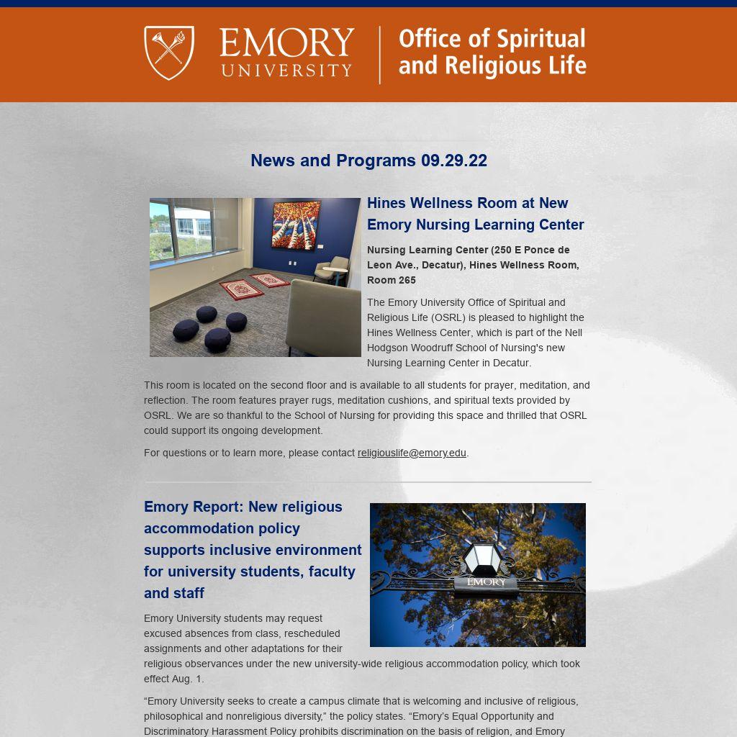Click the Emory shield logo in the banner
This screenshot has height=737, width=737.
[169, 53]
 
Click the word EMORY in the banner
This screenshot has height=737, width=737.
[286, 43]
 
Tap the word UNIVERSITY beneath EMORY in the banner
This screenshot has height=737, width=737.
[286, 71]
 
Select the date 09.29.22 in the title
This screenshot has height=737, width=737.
[454, 160]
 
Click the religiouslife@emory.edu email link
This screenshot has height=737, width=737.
[412, 453]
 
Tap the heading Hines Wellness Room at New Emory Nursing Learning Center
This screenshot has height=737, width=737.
[475, 214]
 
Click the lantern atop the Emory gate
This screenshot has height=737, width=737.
[481, 559]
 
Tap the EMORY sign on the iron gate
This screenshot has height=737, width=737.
[487, 582]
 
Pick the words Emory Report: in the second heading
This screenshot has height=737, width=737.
[193, 507]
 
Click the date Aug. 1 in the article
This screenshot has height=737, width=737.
[186, 679]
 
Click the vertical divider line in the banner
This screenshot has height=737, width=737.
[380, 55]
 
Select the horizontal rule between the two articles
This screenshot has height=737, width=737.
[368, 481]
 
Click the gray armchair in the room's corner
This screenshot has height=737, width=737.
[330, 269]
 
